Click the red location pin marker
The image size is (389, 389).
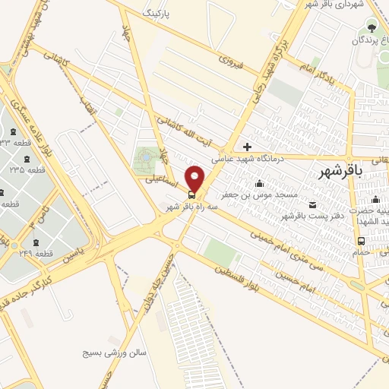[195, 179]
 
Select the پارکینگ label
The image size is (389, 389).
[163, 14]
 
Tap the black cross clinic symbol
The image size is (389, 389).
[247, 146]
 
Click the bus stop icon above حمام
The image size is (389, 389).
[359, 242]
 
